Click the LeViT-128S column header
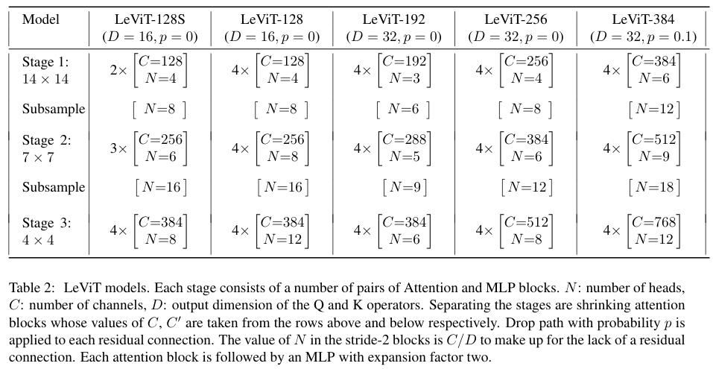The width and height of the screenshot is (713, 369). tap(150, 19)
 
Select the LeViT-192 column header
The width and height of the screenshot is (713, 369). tap(394, 19)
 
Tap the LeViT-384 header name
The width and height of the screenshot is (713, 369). tap(643, 19)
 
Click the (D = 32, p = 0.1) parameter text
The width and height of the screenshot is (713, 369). tap(643, 37)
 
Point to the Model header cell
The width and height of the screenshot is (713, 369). tap(41, 19)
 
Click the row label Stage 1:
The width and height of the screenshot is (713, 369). tap(46, 62)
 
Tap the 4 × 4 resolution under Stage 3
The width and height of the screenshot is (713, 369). tap(38, 239)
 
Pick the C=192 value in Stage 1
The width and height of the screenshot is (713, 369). tap(405, 61)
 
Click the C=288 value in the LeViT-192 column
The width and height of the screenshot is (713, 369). tap(405, 139)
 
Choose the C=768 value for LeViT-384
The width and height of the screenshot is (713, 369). tap(654, 222)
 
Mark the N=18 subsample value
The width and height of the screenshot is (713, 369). tap(655, 187)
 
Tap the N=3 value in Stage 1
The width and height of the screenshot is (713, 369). tap(405, 79)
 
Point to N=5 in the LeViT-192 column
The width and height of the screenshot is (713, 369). tap(405, 157)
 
